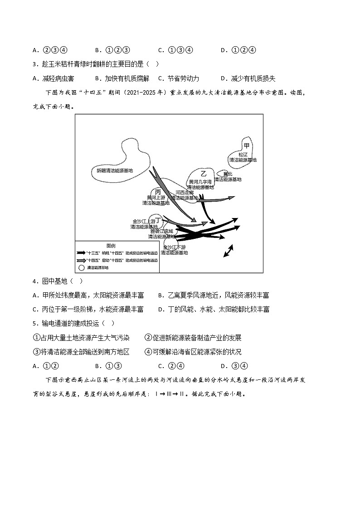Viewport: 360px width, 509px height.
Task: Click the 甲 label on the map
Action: pos(247,145)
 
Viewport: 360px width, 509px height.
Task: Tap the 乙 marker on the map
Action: pos(204,174)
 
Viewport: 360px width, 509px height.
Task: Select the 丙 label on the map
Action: pos(158,192)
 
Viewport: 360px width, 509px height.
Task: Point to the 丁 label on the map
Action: pos(158,220)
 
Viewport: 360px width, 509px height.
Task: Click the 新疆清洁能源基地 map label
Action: pos(115,171)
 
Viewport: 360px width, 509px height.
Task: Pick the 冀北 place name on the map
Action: pos(227,174)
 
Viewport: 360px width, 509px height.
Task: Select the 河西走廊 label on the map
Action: pos(185,192)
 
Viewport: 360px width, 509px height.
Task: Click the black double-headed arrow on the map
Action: pos(228,251)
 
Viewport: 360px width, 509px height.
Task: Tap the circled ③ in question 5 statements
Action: pos(37,352)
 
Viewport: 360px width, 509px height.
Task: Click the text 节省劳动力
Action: pos(183,78)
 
